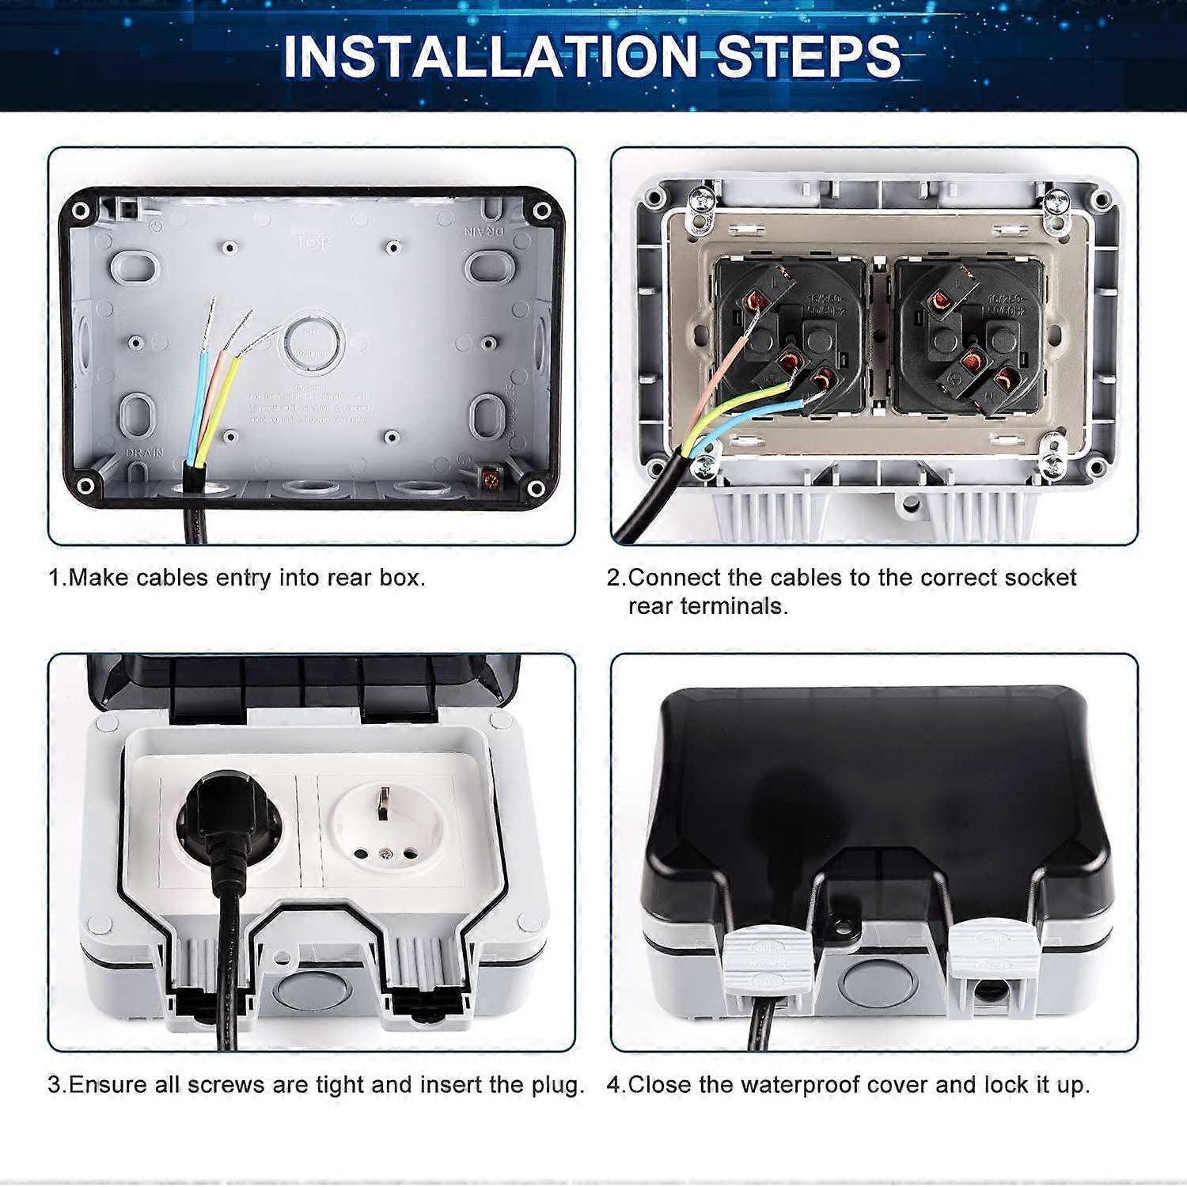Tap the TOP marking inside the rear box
(x=313, y=242)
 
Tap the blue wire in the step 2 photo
(x=760, y=415)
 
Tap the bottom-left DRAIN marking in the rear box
(x=144, y=453)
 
